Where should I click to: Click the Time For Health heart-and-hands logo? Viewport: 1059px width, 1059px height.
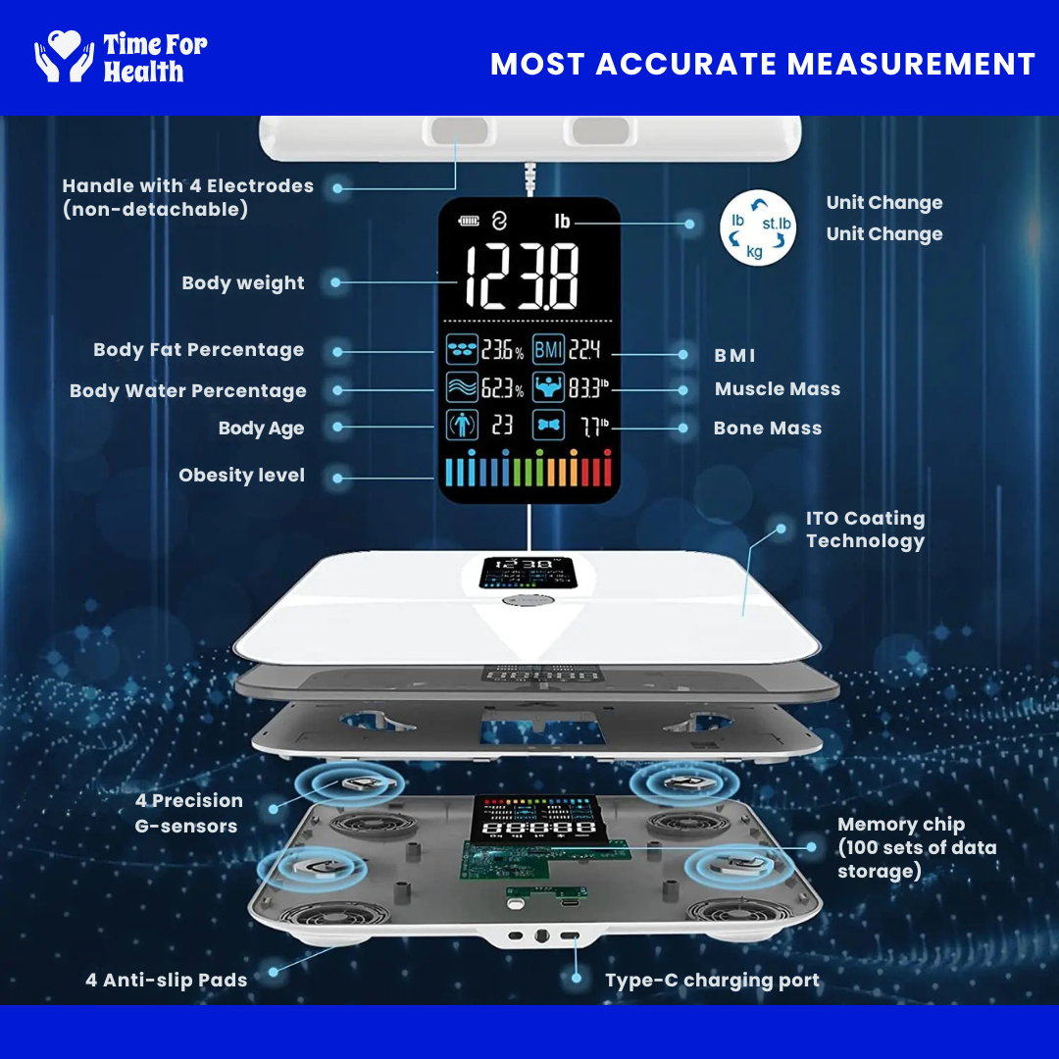click(x=65, y=57)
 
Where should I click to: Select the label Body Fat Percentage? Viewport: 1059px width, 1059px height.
click(x=198, y=350)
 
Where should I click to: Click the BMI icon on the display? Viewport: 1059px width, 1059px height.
click(x=549, y=349)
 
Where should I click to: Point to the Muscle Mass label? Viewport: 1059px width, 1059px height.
click(x=778, y=389)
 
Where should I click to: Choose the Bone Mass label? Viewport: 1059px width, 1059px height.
click(x=768, y=429)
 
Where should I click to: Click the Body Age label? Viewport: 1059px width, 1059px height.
click(x=261, y=429)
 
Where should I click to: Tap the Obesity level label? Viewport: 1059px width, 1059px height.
click(x=241, y=476)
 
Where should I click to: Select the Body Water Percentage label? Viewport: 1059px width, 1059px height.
click(x=188, y=391)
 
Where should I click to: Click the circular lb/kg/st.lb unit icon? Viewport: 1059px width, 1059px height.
click(x=757, y=227)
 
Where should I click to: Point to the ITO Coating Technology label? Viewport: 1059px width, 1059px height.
click(x=865, y=529)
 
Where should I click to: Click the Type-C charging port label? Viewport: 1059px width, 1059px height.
click(x=712, y=981)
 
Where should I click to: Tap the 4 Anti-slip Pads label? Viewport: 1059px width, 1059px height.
click(x=166, y=980)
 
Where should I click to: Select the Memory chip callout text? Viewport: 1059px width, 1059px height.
click(x=916, y=848)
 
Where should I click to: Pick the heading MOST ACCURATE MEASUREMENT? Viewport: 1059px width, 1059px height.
click(x=763, y=65)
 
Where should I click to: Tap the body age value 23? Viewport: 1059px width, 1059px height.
click(x=502, y=426)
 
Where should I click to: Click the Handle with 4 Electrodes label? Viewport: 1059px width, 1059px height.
click(x=187, y=197)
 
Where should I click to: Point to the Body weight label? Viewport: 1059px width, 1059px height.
click(x=243, y=283)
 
